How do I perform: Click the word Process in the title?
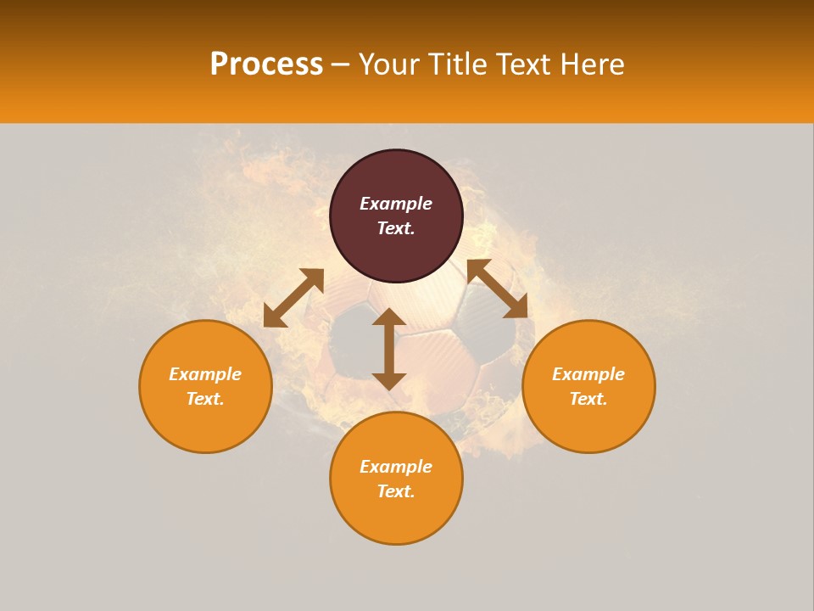[x=266, y=64]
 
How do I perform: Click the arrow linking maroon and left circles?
[x=293, y=298]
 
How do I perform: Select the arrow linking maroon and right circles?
[x=497, y=289]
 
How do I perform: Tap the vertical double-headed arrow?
[x=389, y=349]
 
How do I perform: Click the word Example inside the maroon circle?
[x=396, y=204]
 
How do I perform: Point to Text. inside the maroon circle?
[x=396, y=228]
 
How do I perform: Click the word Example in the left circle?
[x=205, y=374]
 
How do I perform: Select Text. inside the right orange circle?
[x=588, y=399]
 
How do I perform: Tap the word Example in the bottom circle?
[x=396, y=467]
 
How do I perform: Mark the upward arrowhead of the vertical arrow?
[x=389, y=317]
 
